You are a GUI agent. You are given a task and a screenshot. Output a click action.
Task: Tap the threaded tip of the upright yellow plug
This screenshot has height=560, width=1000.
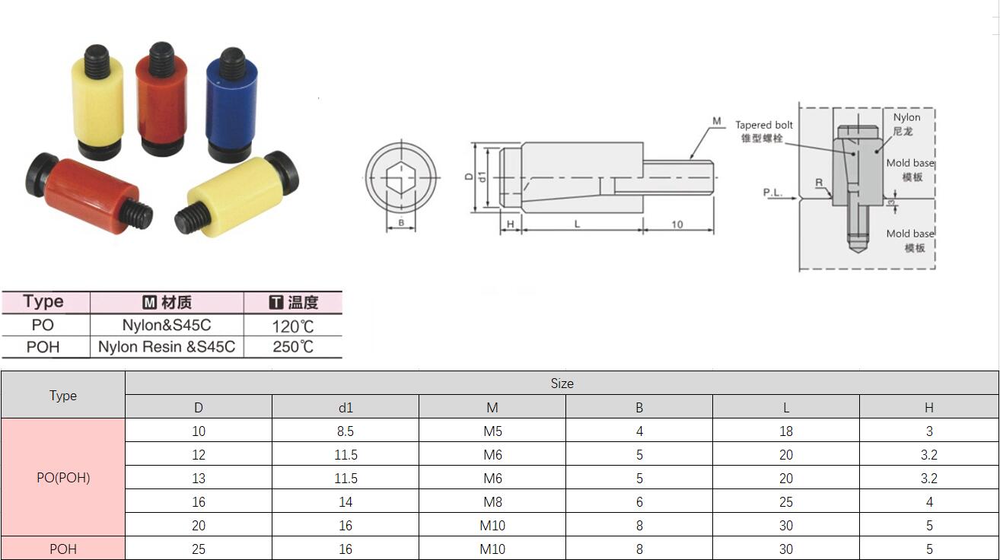click(x=97, y=60)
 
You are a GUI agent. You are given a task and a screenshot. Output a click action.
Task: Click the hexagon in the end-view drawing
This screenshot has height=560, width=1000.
click(x=401, y=177)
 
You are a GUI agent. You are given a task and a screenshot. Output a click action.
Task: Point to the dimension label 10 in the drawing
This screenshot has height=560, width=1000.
click(x=677, y=224)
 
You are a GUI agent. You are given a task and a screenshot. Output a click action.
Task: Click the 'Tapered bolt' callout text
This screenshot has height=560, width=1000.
click(x=764, y=125)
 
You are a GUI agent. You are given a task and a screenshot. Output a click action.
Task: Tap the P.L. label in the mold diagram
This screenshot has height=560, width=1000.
click(x=772, y=192)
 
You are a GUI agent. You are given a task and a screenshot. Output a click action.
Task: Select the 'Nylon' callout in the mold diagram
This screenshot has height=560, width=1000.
click(x=906, y=117)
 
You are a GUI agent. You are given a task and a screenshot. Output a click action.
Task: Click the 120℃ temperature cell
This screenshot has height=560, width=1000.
click(x=293, y=326)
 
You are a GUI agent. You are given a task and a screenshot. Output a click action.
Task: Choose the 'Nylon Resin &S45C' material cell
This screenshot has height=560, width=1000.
click(x=167, y=347)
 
